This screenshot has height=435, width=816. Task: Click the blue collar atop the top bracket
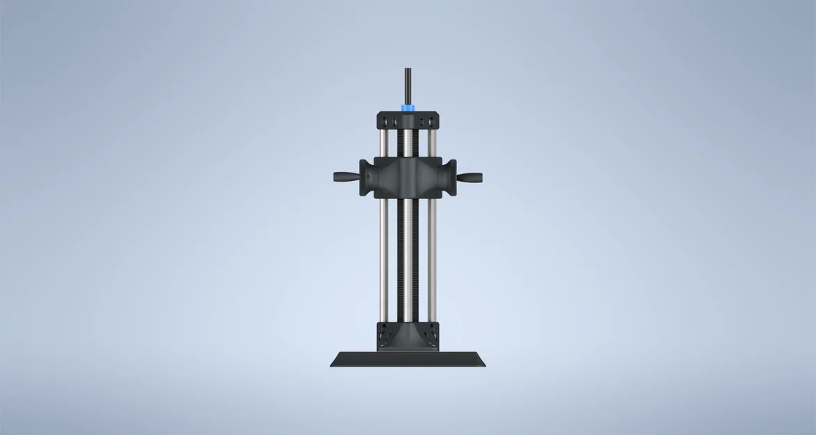click(x=407, y=108)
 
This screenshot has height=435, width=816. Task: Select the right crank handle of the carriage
click(x=470, y=177)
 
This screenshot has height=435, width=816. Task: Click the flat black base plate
click(x=408, y=360)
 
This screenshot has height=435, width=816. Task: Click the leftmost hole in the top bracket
click(x=383, y=123)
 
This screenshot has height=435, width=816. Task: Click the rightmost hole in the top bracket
click(x=432, y=123)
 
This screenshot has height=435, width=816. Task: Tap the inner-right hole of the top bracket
click(x=417, y=123)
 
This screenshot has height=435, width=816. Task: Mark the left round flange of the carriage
click(x=367, y=177)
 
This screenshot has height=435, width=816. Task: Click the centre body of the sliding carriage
click(x=408, y=177)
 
